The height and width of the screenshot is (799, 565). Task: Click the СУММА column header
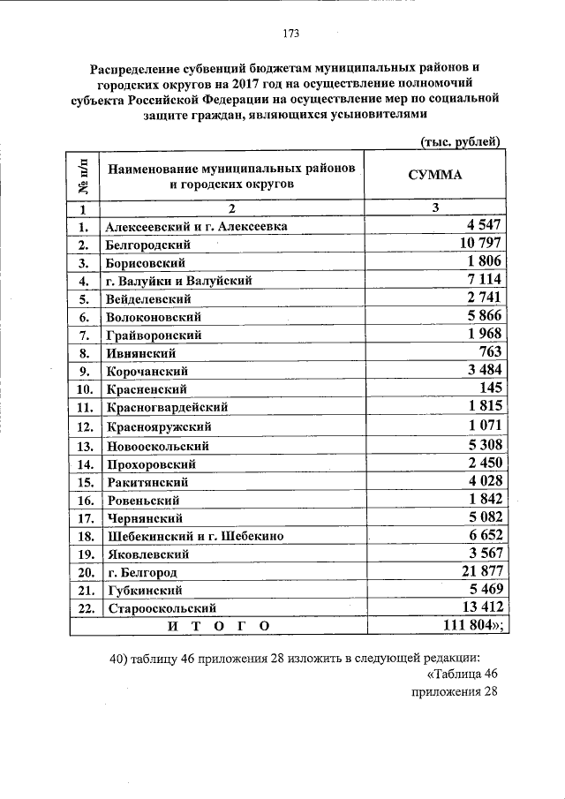434,175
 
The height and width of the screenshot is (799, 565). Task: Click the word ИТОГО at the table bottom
216,625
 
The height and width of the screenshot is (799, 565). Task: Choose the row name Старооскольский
162,607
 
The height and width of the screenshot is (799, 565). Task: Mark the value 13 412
479,607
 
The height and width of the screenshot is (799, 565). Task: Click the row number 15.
85,482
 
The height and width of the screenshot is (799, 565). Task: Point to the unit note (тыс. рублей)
458,142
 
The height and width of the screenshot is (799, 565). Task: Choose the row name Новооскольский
157,446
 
